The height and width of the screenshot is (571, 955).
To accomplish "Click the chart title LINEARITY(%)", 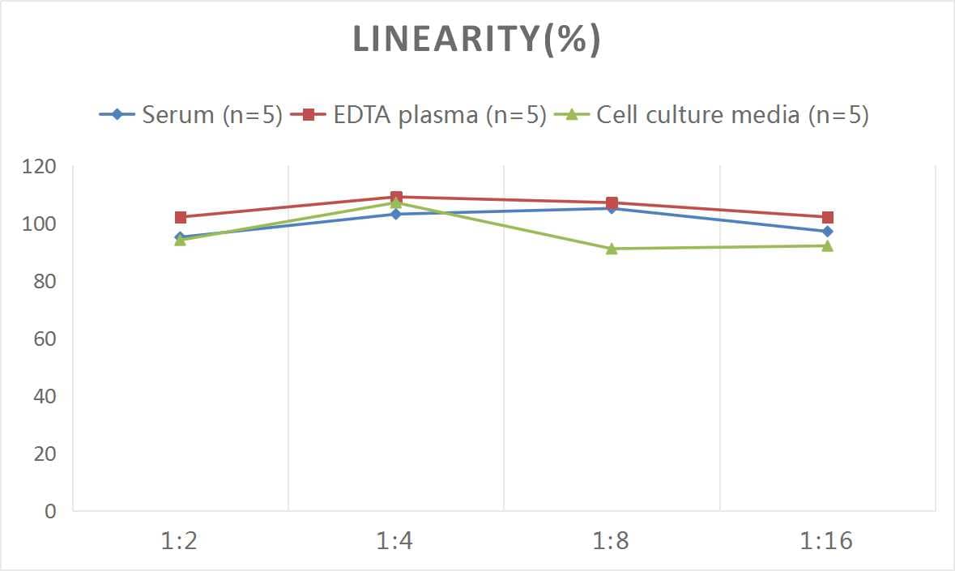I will pyautogui.click(x=476, y=40).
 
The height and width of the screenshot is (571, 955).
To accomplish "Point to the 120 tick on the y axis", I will pyautogui.click(x=41, y=167).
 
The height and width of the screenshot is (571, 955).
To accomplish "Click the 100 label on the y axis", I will pyautogui.click(x=41, y=224).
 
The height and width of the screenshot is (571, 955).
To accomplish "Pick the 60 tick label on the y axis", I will pyautogui.click(x=45, y=339).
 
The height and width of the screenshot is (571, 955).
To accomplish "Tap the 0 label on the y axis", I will pyautogui.click(x=50, y=511).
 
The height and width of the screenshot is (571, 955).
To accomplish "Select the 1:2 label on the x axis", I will pyautogui.click(x=180, y=541).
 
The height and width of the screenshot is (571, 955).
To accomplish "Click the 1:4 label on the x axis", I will pyautogui.click(x=395, y=541).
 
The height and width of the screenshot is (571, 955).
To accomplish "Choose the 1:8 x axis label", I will pyautogui.click(x=612, y=541).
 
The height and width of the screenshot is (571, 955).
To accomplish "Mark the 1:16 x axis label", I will pyautogui.click(x=826, y=541).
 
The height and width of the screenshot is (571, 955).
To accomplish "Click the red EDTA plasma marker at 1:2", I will pyautogui.click(x=181, y=217).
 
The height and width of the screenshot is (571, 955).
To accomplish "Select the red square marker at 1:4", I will pyautogui.click(x=396, y=197).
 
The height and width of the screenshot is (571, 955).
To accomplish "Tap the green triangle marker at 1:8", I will pyautogui.click(x=612, y=249).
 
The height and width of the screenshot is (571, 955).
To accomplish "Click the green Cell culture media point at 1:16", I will pyautogui.click(x=827, y=245).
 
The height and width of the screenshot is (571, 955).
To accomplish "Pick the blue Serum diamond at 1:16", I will pyautogui.click(x=827, y=232).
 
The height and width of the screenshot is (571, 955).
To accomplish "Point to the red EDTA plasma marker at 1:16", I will pyautogui.click(x=827, y=217).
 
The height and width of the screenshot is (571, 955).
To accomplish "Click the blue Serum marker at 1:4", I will pyautogui.click(x=396, y=214).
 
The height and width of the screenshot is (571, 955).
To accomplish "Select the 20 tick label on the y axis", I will pyautogui.click(x=45, y=454).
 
